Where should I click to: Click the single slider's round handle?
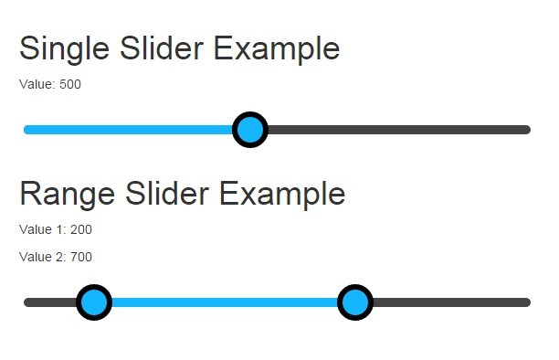(x=250, y=130)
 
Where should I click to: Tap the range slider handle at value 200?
(x=94, y=302)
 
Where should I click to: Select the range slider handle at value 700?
(x=355, y=302)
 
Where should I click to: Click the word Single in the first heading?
(x=65, y=49)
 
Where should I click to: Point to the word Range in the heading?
(x=68, y=195)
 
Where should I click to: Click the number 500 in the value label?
(x=70, y=84)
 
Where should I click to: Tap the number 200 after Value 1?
(x=81, y=229)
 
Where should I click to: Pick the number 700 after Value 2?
(x=81, y=257)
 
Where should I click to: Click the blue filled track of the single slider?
(x=128, y=130)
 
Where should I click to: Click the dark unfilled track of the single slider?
(x=399, y=130)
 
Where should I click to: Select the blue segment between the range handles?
(x=225, y=302)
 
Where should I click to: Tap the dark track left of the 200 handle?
(x=50, y=302)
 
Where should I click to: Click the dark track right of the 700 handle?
(x=452, y=302)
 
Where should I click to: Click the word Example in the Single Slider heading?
(x=277, y=49)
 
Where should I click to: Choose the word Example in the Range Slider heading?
(x=282, y=195)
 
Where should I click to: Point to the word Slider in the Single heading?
(x=162, y=48)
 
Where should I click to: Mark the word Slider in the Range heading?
(x=167, y=193)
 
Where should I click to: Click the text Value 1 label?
(x=43, y=229)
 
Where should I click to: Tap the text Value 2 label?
(x=43, y=257)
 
